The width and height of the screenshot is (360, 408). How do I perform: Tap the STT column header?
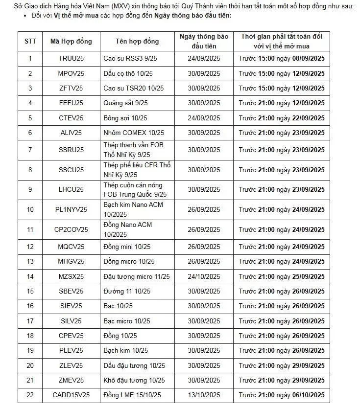click(30, 42)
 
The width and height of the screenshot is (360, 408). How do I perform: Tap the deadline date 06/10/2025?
click(306, 395)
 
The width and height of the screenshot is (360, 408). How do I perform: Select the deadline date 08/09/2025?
click(306, 59)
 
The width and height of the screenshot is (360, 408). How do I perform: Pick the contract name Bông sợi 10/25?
click(125, 118)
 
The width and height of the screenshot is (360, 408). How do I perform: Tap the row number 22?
click(30, 395)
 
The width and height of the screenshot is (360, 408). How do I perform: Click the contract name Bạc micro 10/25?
click(127, 321)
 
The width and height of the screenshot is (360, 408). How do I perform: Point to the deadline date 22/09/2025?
click(306, 118)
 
